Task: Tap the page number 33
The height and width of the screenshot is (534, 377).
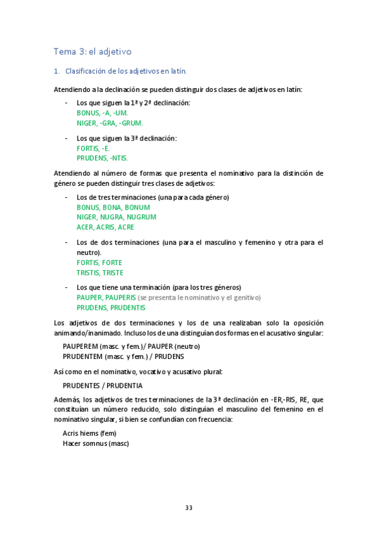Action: tap(188, 508)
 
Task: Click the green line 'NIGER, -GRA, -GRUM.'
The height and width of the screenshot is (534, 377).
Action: tap(110, 123)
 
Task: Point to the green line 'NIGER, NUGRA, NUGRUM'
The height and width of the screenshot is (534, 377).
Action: tap(116, 217)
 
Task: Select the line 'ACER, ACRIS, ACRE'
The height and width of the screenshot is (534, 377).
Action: tap(105, 227)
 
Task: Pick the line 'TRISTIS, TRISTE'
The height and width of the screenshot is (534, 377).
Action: tap(99, 273)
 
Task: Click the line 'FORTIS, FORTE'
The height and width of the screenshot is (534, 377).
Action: tap(99, 262)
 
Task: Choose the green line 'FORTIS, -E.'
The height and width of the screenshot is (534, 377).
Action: tap(93, 148)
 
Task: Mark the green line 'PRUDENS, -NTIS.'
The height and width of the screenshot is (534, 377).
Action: tap(102, 158)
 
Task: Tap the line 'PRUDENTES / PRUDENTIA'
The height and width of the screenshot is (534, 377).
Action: tap(103, 385)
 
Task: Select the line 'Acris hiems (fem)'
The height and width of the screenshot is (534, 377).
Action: tap(89, 433)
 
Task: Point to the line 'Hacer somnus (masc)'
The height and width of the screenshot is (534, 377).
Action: tap(96, 443)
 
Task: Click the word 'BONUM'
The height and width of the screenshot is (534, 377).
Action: tap(137, 207)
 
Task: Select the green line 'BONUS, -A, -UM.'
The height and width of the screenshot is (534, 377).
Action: tap(102, 113)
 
